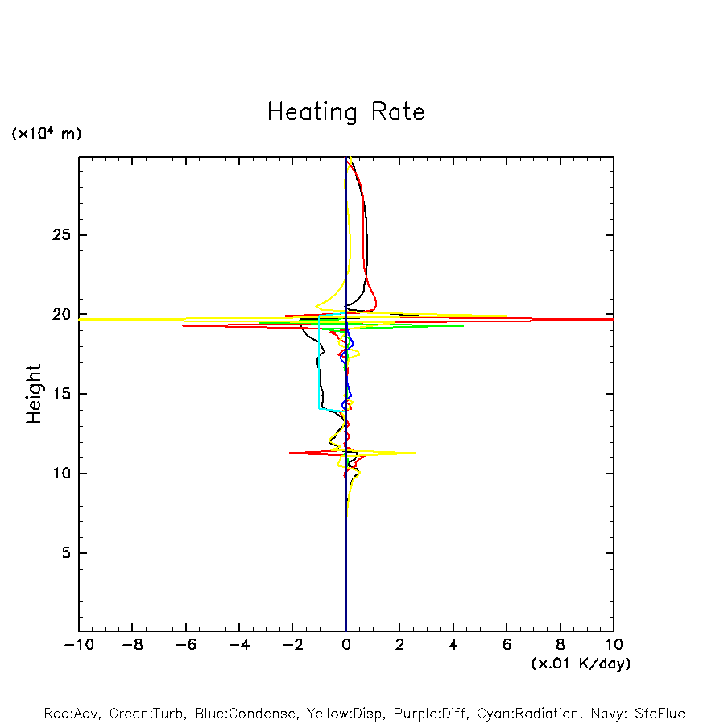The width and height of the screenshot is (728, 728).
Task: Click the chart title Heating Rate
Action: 345,112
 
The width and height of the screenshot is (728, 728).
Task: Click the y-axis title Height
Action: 34,394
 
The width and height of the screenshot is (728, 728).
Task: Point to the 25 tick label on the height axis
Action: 59,235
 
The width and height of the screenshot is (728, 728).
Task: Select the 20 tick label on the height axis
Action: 59,315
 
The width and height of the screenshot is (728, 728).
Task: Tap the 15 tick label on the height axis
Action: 59,394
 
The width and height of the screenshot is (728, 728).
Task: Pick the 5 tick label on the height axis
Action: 64,553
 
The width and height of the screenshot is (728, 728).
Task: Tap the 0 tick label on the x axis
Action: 346,645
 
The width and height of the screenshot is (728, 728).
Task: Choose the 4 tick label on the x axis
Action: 453,645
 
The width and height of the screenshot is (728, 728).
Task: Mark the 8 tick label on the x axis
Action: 560,645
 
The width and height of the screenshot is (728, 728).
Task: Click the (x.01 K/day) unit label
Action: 581,664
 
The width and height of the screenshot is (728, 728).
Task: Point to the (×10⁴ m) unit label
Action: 46,134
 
